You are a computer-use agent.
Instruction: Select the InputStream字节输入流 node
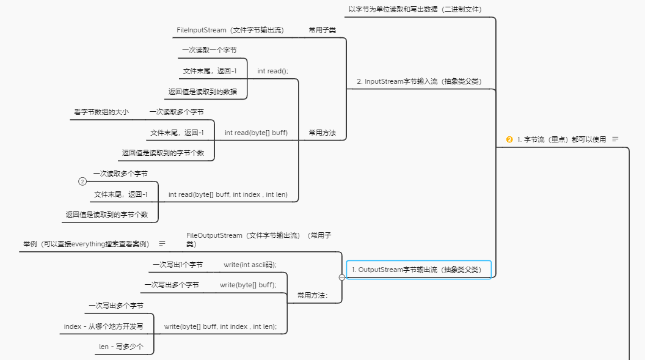tap(418, 81)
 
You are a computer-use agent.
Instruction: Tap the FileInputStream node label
tap(230, 30)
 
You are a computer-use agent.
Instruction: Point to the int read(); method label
tap(272, 71)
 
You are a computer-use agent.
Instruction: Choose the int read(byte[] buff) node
tap(256, 133)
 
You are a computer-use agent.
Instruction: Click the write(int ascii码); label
tap(250, 265)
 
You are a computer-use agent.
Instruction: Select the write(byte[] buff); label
tap(248, 285)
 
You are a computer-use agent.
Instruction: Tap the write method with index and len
tap(220, 326)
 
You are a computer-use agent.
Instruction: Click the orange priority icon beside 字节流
tap(509, 139)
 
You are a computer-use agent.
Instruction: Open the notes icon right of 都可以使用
tap(615, 139)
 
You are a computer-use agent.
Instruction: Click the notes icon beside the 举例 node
tap(162, 243)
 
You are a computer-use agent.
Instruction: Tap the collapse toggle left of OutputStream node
tap(341, 277)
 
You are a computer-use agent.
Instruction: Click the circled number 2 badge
tap(82, 182)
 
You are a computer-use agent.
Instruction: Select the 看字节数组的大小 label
tap(101, 112)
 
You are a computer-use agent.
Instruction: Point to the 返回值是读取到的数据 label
tap(203, 92)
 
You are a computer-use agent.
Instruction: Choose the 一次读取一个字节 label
tap(209, 50)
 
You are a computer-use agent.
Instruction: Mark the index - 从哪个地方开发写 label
tap(103, 326)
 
